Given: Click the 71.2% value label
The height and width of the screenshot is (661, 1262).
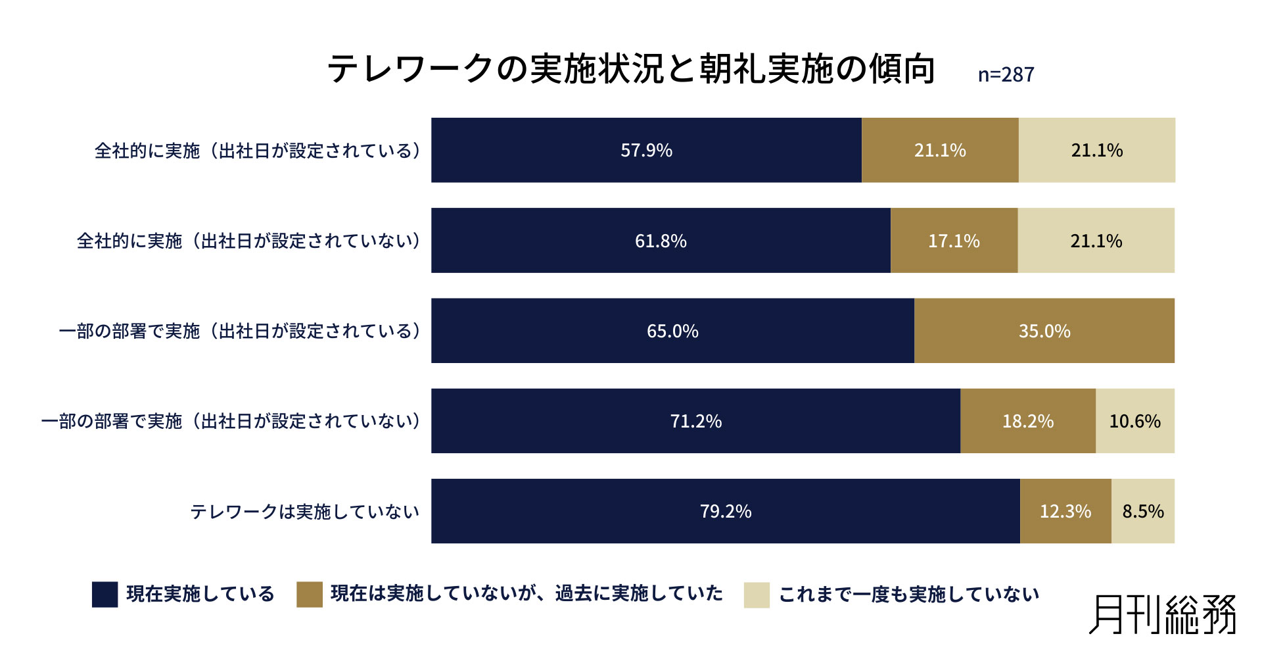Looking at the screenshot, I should (695, 421).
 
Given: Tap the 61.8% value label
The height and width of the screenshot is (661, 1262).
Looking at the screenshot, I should (660, 241).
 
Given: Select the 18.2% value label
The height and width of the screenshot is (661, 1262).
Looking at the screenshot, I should (1027, 421).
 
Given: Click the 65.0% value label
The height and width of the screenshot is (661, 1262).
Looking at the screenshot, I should (672, 331).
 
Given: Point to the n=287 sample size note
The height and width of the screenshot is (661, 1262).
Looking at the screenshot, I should (1006, 74).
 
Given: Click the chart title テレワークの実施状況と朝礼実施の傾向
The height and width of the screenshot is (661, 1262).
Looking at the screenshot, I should (631, 68).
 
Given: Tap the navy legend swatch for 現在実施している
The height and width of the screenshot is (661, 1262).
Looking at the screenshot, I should (105, 594).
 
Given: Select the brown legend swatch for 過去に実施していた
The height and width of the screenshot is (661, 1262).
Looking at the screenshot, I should (309, 594).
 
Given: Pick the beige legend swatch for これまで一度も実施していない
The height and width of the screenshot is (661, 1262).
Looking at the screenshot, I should (756, 595).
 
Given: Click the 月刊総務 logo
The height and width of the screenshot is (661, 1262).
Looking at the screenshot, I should (1162, 615).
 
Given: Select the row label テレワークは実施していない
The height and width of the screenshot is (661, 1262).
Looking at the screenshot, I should (304, 512).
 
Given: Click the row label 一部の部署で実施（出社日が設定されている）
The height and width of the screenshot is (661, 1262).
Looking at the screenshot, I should (240, 331).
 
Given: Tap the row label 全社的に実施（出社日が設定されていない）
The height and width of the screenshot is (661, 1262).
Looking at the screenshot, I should (248, 241).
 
